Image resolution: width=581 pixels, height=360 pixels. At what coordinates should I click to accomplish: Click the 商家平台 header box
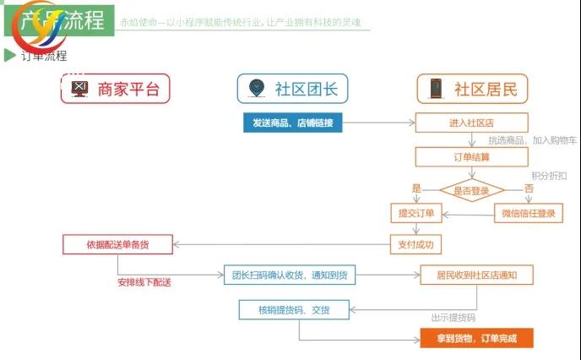tap(115, 89)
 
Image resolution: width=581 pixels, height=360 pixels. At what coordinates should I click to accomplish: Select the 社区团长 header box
tap(291, 89)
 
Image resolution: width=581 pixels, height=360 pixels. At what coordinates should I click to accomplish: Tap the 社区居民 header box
tap(471, 89)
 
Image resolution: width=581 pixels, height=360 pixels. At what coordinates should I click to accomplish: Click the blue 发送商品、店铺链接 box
tap(292, 123)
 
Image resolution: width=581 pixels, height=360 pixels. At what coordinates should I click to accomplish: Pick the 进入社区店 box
tap(471, 123)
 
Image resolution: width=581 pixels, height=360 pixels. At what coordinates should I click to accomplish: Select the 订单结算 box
tap(471, 156)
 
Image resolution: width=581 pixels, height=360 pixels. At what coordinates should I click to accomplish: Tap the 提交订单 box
tap(415, 213)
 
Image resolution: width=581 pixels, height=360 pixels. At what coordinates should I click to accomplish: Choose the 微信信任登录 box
tap(528, 213)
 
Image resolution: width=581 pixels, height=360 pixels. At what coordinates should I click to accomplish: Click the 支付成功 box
tap(415, 245)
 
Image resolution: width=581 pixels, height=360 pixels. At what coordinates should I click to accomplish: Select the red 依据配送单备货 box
tap(117, 245)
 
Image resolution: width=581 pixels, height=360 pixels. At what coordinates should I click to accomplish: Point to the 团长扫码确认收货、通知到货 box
tap(289, 274)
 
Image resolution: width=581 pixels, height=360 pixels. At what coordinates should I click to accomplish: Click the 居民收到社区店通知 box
tap(477, 274)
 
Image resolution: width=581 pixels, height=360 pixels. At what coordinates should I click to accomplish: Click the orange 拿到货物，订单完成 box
tap(477, 339)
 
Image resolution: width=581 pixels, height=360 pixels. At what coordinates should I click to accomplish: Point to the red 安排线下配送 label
tap(144, 282)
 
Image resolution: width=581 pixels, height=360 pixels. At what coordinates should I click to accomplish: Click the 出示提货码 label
tap(453, 319)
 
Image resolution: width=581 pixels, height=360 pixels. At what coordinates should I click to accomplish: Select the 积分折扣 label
tap(548, 175)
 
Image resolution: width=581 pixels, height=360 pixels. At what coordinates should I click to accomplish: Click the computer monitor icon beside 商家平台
tap(79, 89)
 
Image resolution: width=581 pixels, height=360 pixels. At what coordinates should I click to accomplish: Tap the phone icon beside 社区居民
tap(436, 89)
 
